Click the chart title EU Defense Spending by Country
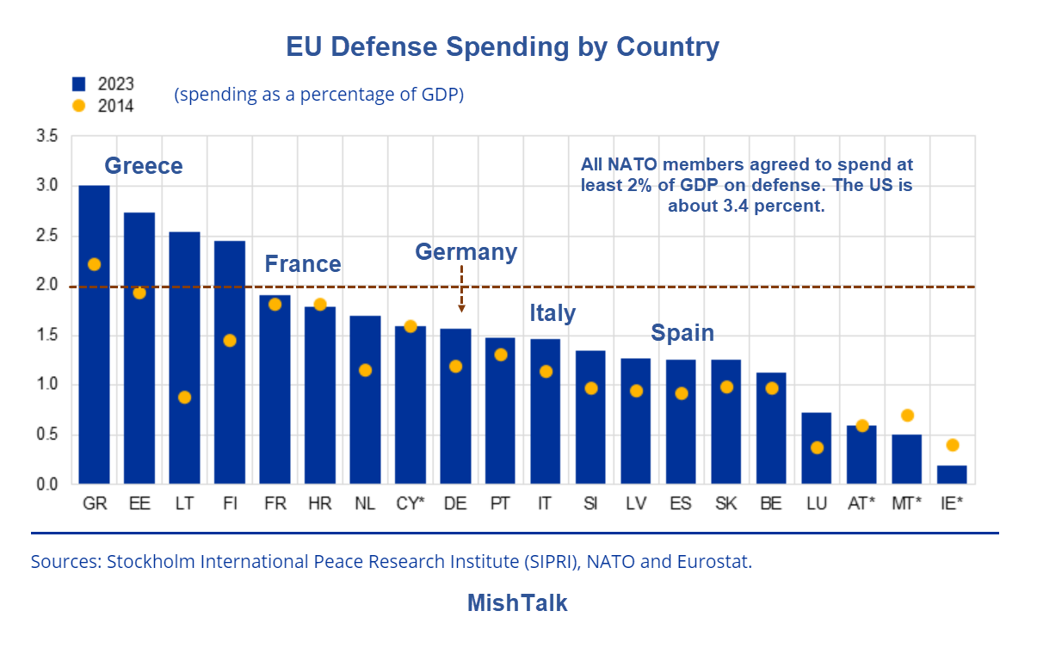[x=503, y=46]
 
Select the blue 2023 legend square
[x=79, y=83]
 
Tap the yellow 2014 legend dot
[x=79, y=106]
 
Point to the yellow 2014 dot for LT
[x=184, y=397]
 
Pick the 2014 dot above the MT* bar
[x=907, y=416]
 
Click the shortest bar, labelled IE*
[x=952, y=474]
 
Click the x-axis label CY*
[x=410, y=503]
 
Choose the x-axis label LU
[x=817, y=503]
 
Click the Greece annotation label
[x=144, y=165]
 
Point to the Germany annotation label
[x=466, y=251]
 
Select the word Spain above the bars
[x=682, y=332]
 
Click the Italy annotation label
[x=552, y=312]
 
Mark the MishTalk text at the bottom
[x=517, y=602]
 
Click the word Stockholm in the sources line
[x=151, y=562]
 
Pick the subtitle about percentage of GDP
[x=319, y=95]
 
